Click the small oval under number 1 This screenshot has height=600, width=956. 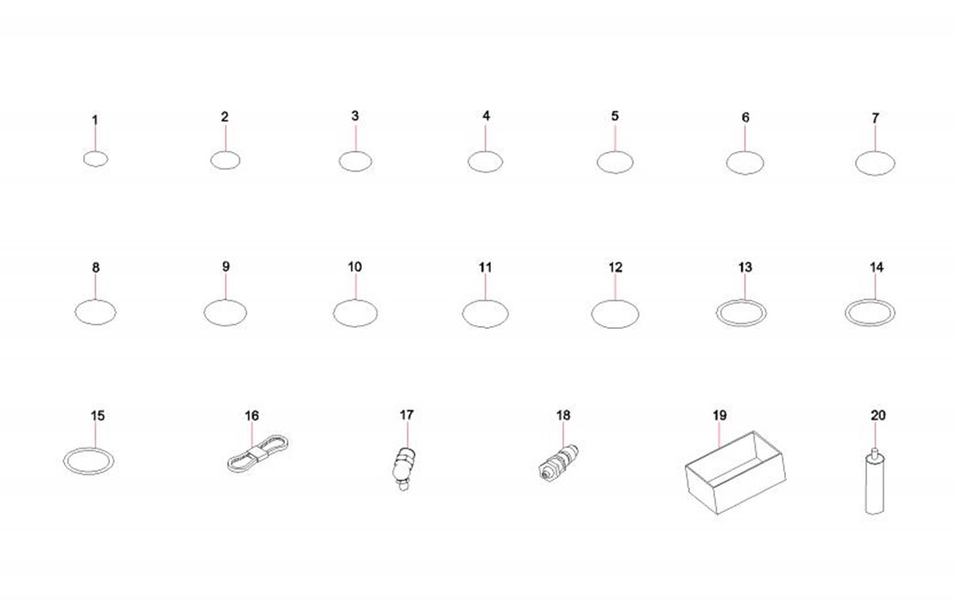96,151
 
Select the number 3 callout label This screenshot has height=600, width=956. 355,115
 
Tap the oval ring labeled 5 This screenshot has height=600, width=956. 614,152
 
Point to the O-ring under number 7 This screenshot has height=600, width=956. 875,152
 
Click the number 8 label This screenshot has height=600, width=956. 96,267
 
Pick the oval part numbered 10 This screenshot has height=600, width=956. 355,300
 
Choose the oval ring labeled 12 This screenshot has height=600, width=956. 615,300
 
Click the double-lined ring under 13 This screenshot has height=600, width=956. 742,300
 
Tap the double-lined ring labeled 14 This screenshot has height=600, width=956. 871,300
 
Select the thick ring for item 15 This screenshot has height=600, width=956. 89,449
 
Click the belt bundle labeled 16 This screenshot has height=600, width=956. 257,453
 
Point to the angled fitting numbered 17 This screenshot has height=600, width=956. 403,467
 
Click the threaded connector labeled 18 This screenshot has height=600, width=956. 559,463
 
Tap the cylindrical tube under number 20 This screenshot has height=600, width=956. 875,485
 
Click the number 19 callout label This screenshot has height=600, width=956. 720,416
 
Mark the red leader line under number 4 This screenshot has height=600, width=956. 486,137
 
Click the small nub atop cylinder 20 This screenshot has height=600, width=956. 875,453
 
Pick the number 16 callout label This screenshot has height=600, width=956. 252,416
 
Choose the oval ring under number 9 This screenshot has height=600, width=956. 225,300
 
